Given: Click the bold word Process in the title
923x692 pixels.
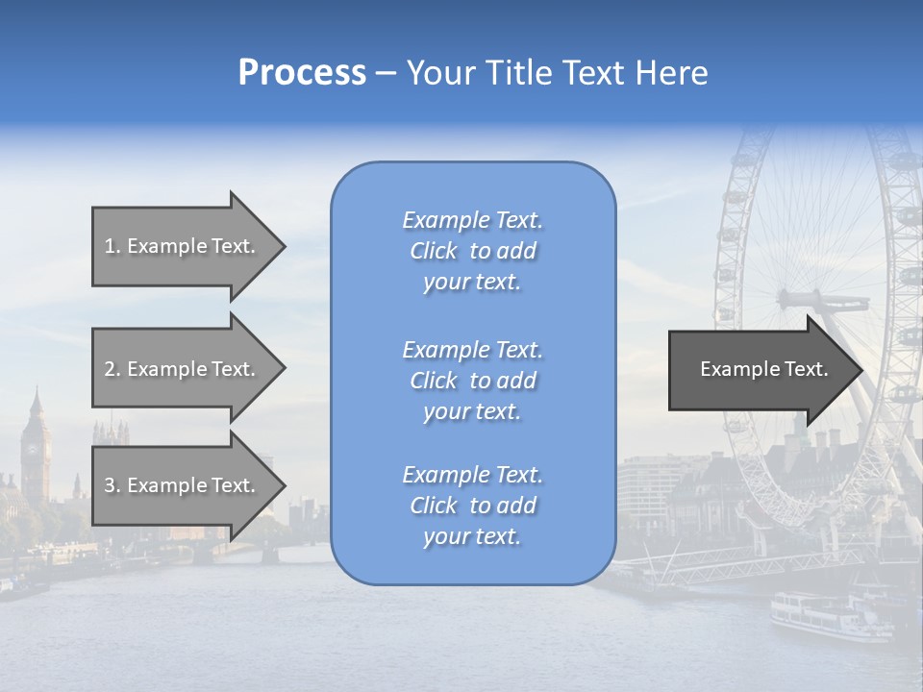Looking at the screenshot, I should click(302, 73).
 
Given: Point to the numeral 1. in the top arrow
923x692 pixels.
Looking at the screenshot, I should click(112, 246).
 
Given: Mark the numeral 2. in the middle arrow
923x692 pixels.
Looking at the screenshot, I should click(112, 369).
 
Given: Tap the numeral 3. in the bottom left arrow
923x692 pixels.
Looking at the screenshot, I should click(112, 485).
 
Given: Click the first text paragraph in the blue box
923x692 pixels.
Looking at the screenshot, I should click(472, 251).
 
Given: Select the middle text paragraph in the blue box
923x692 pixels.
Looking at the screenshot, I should click(472, 381).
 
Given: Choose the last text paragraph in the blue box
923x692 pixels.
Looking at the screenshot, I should click(472, 506).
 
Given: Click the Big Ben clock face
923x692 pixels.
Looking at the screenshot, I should click(35, 447).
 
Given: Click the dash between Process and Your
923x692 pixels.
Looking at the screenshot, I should click(386, 74).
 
